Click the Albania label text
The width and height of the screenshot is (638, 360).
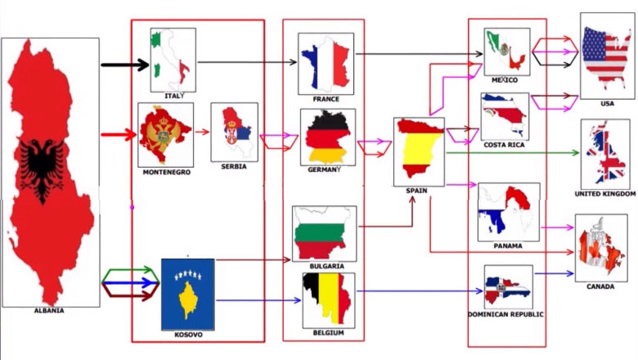pyautogui.click(x=48, y=310)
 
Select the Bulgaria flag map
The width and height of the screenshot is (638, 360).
pyautogui.click(x=325, y=233)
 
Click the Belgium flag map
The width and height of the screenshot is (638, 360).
pyautogui.click(x=328, y=299)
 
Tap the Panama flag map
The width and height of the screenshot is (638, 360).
pyautogui.click(x=508, y=211)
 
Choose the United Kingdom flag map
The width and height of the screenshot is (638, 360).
pyautogui.click(x=604, y=154)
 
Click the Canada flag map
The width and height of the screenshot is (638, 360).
pyautogui.click(x=600, y=248)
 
